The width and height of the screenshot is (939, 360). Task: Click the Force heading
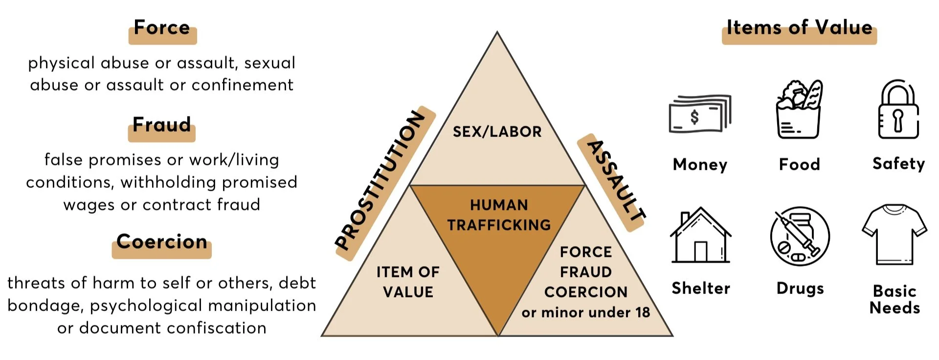coord(162,28)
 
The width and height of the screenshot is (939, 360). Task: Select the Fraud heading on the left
coord(162,125)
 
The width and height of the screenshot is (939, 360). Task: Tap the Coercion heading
coord(162,242)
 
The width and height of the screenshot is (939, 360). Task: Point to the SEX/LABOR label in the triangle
coord(497,132)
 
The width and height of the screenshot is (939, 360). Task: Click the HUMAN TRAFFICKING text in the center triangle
coord(499,215)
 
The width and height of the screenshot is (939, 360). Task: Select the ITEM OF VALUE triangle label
coord(408,282)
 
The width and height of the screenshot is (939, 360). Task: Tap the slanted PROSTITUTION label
coord(380,180)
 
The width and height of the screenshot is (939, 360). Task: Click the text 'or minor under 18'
coord(585,313)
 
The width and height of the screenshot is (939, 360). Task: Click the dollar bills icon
coord(699,114)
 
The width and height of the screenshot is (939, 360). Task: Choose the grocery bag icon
coord(799,110)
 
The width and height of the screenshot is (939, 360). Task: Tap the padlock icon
coord(898,110)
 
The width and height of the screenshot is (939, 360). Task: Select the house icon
coord(700,236)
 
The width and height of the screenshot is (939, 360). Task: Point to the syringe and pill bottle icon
coord(800,236)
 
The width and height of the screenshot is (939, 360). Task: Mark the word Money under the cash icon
coord(700,164)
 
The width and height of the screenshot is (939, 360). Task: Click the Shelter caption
coord(701,288)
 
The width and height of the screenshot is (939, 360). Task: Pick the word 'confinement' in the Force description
coord(242,85)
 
